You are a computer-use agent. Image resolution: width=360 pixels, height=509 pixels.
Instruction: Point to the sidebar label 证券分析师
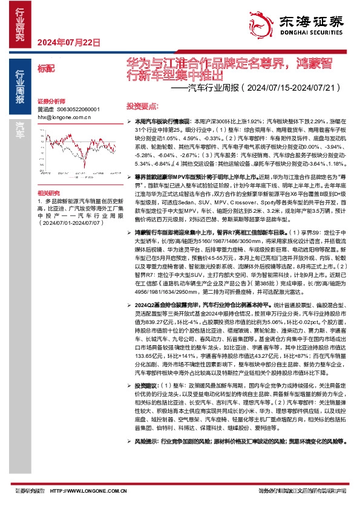[50, 101]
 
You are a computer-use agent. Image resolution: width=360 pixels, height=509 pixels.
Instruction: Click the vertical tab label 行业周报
[20, 88]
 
